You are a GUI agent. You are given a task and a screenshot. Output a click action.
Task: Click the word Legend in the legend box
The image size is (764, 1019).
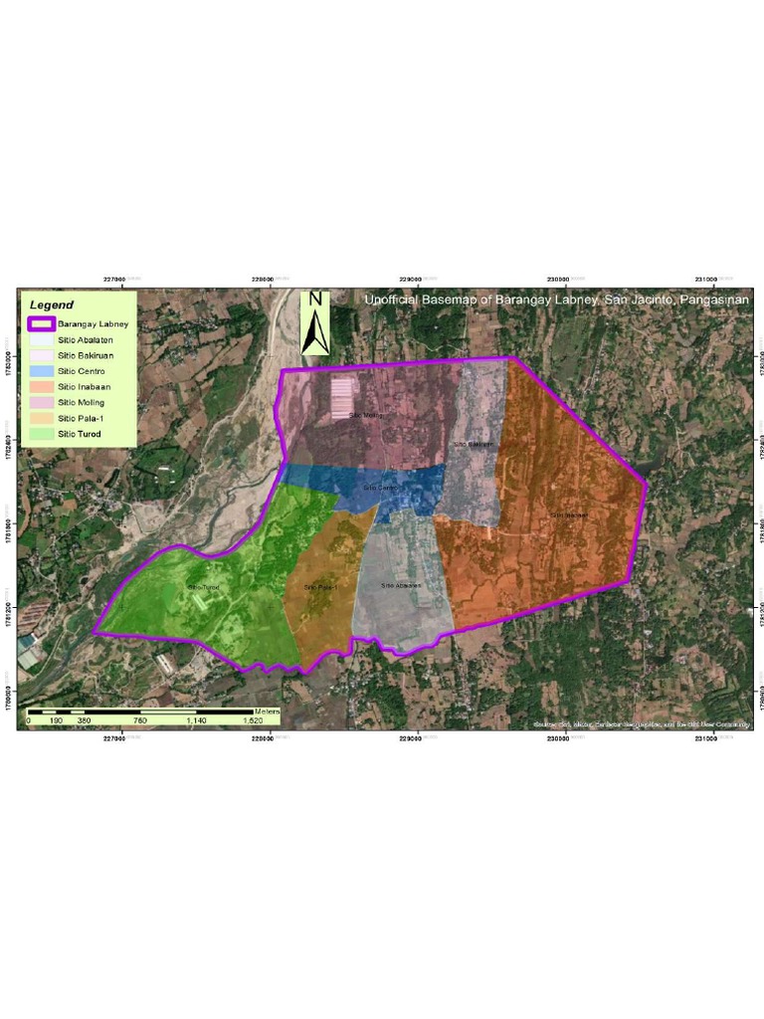pos(51,305)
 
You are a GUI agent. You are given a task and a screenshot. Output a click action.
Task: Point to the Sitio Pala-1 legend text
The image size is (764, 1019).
pos(82,418)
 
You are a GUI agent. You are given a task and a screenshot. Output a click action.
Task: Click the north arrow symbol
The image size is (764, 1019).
pos(315,328)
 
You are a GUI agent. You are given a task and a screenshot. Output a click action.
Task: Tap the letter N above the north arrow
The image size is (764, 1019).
pos(315,300)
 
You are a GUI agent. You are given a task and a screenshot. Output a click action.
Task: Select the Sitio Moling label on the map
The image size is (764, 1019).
pos(365,415)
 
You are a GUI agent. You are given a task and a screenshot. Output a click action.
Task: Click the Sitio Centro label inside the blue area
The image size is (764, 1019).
pos(379,488)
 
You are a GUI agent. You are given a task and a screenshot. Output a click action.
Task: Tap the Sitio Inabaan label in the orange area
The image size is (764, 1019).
pos(569,514)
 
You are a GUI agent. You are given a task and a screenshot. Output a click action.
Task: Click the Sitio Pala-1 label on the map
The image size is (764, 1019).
pos(320,587)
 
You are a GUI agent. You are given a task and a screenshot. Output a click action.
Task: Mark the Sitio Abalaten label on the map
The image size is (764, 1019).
pos(401,585)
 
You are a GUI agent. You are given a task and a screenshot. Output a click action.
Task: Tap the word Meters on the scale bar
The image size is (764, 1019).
pos(267,712)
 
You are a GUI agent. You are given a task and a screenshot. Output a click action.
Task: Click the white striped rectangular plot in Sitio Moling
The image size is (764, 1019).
pos(342,397)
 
